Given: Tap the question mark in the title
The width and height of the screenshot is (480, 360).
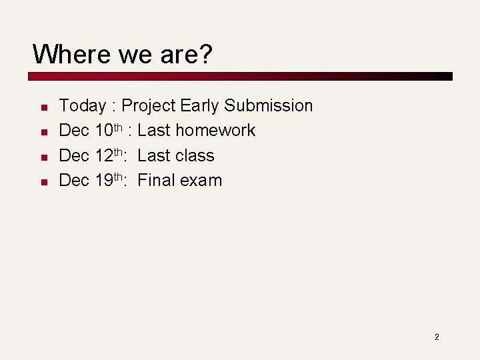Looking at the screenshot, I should click(205, 54).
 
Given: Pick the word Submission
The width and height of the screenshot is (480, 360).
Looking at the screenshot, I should click(268, 106).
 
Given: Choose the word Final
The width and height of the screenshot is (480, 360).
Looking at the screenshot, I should click(156, 181).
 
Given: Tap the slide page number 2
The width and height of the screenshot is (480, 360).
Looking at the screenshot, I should click(437, 337).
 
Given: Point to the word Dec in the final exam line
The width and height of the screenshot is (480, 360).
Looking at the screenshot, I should click(74, 181).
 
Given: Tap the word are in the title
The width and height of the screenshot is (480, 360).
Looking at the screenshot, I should click(178, 54).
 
